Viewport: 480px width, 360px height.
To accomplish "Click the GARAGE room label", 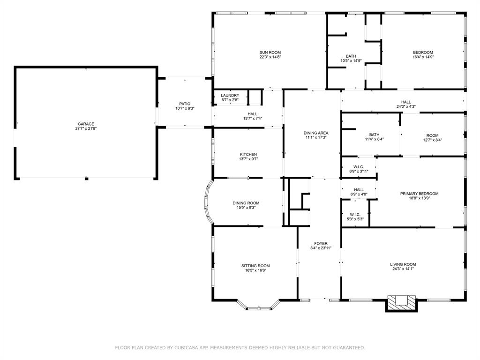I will [86, 124].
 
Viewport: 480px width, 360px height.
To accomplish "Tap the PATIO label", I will [185, 104].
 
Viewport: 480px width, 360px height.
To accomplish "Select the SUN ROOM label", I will [270, 52].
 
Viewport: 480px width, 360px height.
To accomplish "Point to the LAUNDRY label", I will [230, 96].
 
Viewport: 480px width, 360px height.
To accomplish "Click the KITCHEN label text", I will [248, 154].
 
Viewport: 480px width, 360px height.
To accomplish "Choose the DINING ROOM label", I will [246, 203].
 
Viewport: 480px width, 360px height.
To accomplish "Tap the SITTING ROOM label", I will [255, 266].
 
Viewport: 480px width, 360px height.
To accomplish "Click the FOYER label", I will [321, 243].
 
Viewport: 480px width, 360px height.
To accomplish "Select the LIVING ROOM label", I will [403, 264].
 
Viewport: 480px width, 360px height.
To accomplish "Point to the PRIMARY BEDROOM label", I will [419, 194].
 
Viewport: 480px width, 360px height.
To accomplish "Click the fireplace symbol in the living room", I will [400, 302].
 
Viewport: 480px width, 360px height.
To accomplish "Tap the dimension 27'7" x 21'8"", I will [86, 128].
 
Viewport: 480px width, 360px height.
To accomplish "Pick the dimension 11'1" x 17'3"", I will [316, 137].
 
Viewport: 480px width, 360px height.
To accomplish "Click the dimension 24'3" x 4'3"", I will [405, 106].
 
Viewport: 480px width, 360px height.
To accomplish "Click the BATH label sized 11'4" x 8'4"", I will [374, 135].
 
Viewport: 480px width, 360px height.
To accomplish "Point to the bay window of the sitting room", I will [258, 307].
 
